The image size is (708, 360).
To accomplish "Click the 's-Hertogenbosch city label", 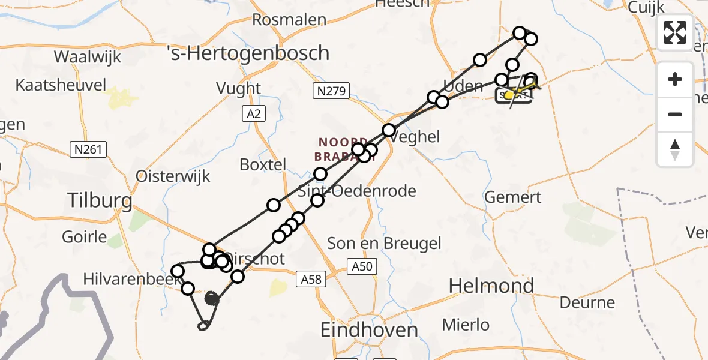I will coord(247,53).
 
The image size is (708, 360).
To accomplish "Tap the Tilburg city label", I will coord(100,200).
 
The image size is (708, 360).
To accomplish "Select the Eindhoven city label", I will coord(369,330).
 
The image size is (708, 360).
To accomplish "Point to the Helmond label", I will coord(491,286).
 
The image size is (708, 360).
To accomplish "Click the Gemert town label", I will coord(513,197).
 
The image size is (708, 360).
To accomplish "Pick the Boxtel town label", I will coord(263,164).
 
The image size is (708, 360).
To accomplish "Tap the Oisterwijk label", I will coord(173,176).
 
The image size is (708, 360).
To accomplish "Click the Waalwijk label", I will coord(88,57).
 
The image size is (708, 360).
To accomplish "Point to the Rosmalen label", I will coord(289,20).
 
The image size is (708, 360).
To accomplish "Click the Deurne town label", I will coord(587,302).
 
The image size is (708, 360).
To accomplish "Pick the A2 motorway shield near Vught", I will coord(252,112).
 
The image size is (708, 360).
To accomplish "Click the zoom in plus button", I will coord(675,79).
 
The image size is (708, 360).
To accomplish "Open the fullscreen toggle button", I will coord(675,32).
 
